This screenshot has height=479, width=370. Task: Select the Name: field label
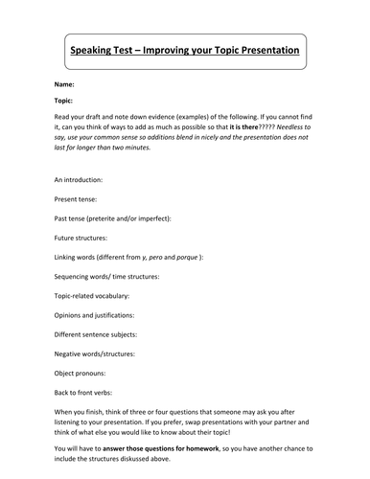pos(66,85)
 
